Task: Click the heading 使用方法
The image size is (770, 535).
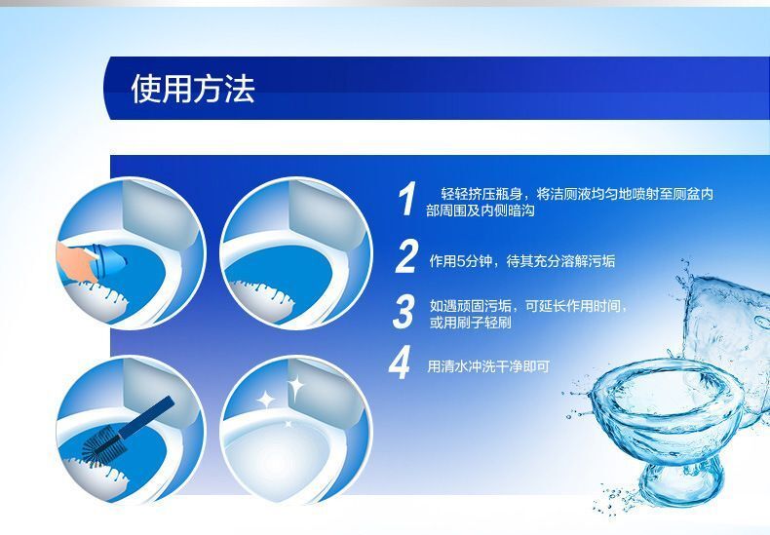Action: tap(193, 89)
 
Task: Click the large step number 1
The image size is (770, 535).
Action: tap(407, 198)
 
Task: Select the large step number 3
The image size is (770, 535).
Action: tap(404, 312)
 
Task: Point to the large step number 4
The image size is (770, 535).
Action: tap(400, 363)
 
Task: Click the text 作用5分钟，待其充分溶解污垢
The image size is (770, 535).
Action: tap(522, 260)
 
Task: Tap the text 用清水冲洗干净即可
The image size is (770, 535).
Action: tap(488, 366)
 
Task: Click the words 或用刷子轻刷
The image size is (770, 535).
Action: tap(470, 323)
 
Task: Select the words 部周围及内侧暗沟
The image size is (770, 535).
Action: tap(480, 211)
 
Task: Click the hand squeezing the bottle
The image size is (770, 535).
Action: tap(74, 261)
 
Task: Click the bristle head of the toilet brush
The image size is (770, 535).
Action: tap(102, 445)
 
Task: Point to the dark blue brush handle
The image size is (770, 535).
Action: tap(146, 417)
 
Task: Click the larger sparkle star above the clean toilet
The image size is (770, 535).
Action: tap(295, 387)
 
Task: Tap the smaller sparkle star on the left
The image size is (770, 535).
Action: tap(266, 400)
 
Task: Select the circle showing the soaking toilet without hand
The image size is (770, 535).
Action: tap(295, 253)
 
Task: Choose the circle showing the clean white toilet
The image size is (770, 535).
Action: tap(295, 431)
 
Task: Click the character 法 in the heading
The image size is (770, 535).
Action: tap(240, 89)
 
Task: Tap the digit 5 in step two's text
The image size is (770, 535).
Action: tap(461, 261)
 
